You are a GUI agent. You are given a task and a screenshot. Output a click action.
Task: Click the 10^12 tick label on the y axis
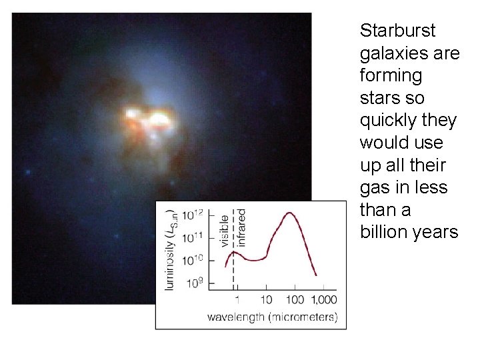[x=194, y=215]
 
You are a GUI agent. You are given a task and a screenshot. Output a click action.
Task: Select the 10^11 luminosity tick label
[x=194, y=237]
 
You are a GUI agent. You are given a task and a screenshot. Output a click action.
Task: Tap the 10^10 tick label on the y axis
[x=194, y=259]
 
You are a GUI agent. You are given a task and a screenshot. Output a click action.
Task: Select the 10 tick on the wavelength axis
[x=266, y=300]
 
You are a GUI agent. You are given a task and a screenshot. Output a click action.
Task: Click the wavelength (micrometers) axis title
[x=272, y=317]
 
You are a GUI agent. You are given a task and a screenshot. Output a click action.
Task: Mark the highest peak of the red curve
[x=289, y=213]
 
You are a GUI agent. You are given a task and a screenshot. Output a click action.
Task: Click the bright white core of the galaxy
[x=159, y=120]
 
